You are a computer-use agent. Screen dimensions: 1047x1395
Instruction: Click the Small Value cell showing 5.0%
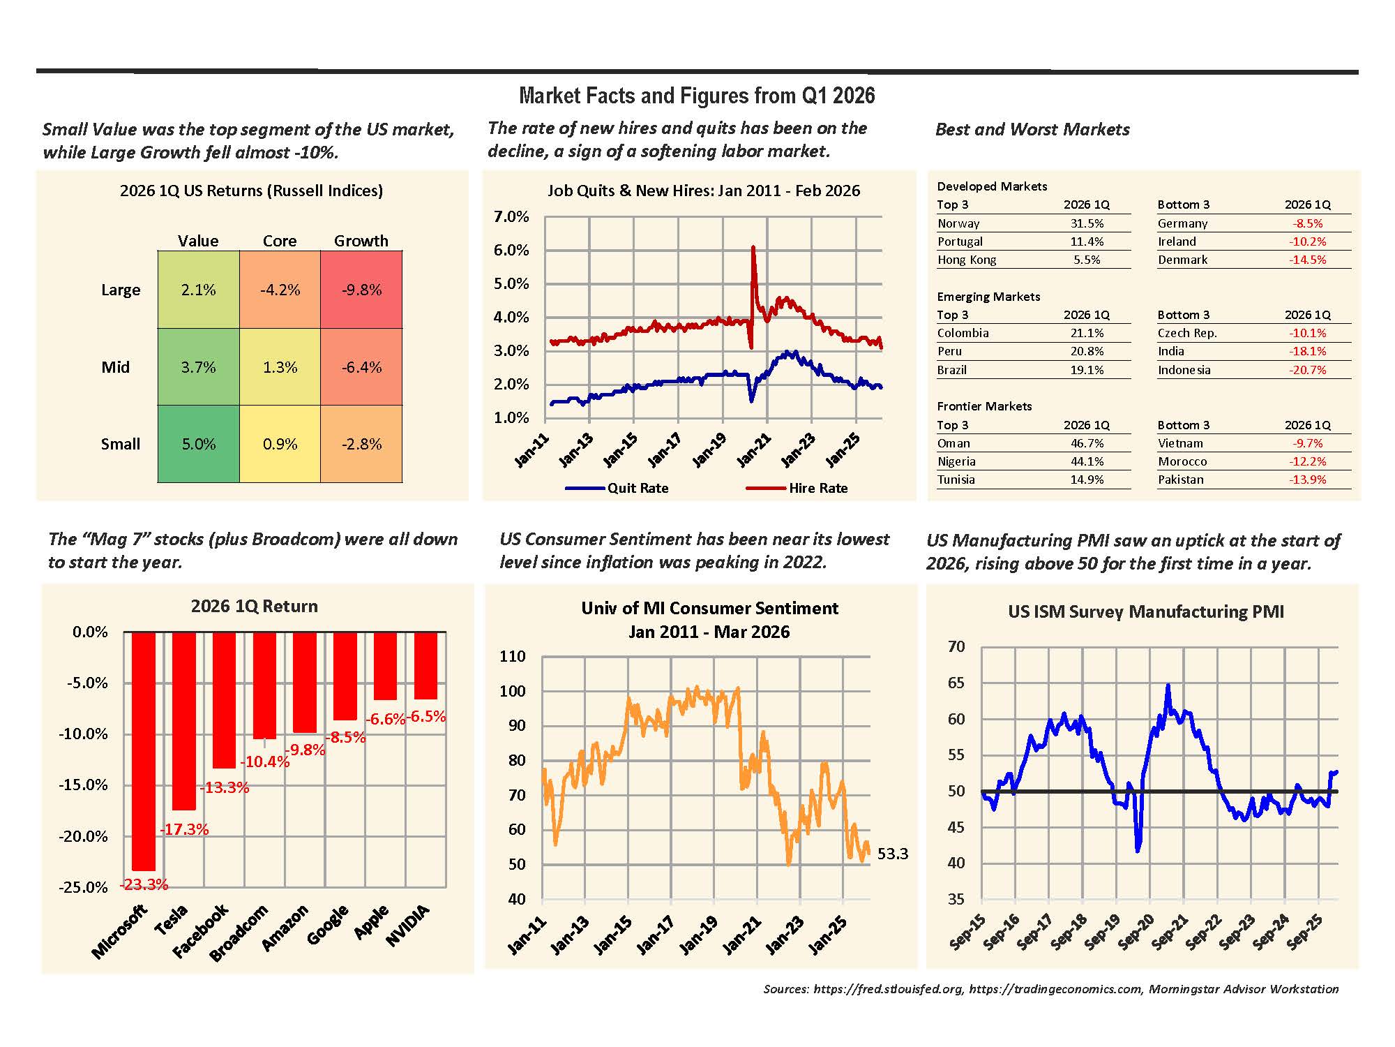pyautogui.click(x=199, y=444)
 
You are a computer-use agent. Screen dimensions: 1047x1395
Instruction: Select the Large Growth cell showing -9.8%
pyautogui.click(x=361, y=290)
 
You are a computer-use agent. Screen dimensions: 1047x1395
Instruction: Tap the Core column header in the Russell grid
pyautogui.click(x=280, y=241)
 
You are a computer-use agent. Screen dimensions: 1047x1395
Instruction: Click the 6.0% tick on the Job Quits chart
pyautogui.click(x=511, y=250)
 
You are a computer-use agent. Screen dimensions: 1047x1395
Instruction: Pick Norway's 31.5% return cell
pyautogui.click(x=1087, y=223)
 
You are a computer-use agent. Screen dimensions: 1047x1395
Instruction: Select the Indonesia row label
pyautogui.click(x=1184, y=370)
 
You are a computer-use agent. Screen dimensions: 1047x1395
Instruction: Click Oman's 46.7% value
pyautogui.click(x=1087, y=443)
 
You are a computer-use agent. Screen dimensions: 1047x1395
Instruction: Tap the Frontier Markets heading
pyautogui.click(x=984, y=406)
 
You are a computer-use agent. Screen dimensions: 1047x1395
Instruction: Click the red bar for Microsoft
pyautogui.click(x=144, y=750)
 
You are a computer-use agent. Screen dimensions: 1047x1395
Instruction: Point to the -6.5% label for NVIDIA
pyautogui.click(x=426, y=716)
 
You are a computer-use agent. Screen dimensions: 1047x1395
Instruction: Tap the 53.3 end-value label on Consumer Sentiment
pyautogui.click(x=892, y=854)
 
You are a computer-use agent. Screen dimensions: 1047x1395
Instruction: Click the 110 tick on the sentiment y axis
pyautogui.click(x=513, y=656)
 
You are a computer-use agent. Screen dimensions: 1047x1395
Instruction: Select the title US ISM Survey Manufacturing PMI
pyautogui.click(x=1145, y=611)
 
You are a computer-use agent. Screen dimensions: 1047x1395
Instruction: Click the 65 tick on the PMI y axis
pyautogui.click(x=956, y=683)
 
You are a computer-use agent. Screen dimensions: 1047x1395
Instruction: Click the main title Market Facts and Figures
pyautogui.click(x=697, y=96)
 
